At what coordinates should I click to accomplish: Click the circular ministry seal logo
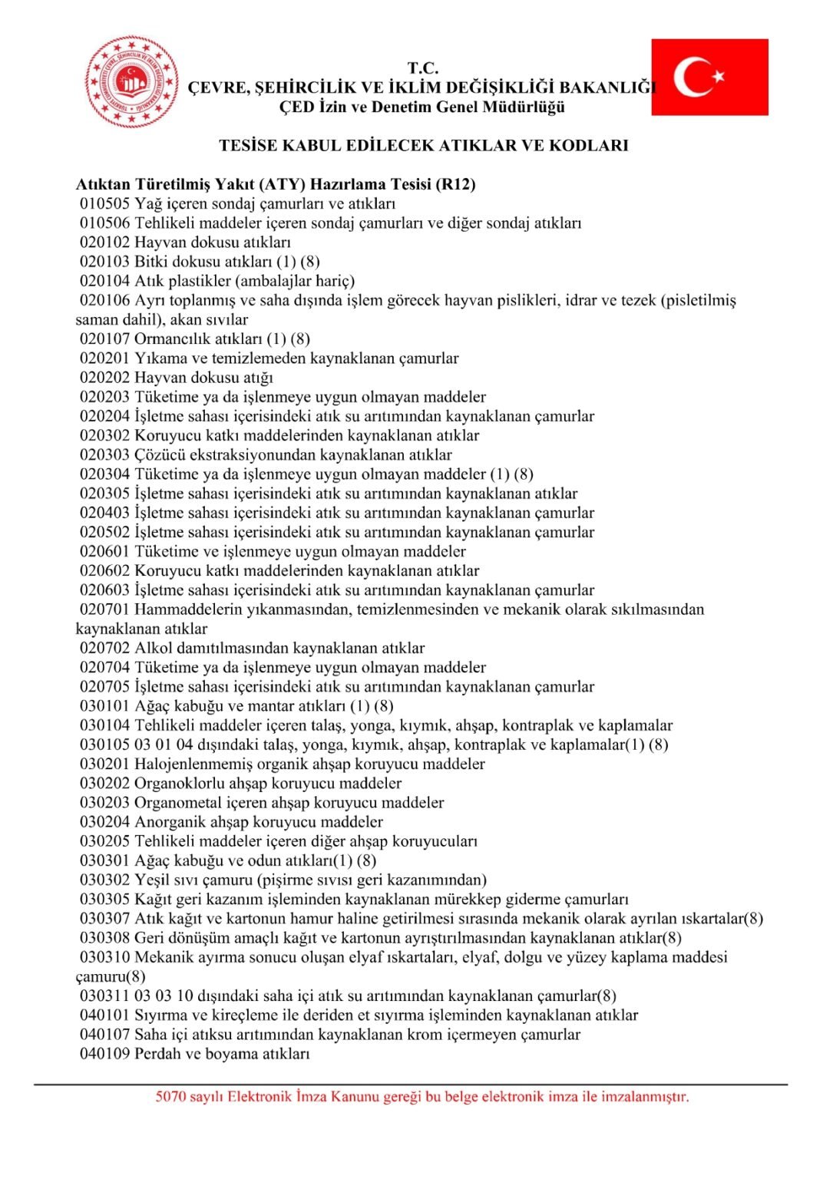click(132, 81)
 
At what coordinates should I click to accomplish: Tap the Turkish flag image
click(709, 78)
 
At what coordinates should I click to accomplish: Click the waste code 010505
click(105, 204)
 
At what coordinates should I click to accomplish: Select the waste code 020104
click(105, 281)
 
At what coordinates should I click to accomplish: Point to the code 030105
click(105, 745)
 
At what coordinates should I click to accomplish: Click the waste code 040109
click(105, 1055)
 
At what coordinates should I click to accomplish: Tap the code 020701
click(105, 610)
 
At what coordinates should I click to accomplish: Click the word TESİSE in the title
click(249, 146)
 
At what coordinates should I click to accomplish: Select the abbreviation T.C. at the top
click(423, 68)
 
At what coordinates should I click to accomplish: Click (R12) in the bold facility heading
click(455, 185)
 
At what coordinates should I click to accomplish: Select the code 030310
click(105, 958)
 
